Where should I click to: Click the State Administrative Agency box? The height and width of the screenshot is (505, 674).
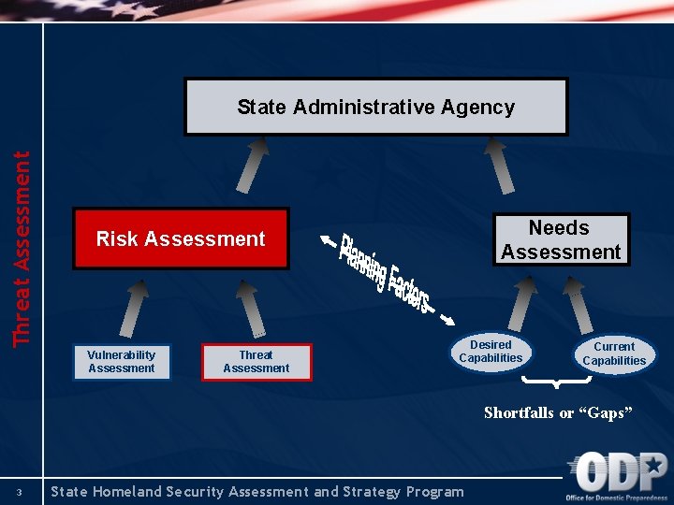375,107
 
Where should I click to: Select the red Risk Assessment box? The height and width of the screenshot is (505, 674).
181,238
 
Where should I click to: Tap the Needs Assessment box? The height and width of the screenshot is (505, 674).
561,239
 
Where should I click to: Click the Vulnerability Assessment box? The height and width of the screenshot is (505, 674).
122,362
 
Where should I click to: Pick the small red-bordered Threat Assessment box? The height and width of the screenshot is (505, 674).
256,362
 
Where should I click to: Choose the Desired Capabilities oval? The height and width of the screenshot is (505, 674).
491,352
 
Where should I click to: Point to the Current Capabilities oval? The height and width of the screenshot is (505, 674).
614,353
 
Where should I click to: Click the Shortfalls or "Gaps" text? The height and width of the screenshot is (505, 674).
558,413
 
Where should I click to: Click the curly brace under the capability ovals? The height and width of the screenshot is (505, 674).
557,382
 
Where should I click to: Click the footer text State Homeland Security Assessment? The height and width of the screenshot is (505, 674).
257,492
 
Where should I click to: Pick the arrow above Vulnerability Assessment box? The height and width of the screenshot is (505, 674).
137,309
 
